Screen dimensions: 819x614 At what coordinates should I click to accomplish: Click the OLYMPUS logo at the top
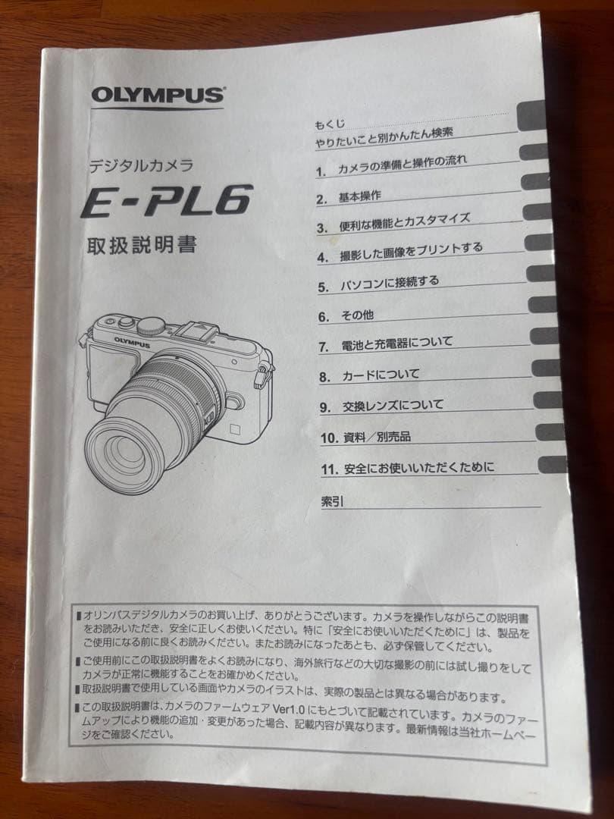[158, 96]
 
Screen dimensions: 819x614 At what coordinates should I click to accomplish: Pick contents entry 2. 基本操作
[349, 197]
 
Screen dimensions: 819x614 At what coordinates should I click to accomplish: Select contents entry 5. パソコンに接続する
[378, 284]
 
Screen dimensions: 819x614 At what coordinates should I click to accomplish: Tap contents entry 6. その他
[346, 315]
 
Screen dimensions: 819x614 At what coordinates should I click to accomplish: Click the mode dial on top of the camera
[152, 325]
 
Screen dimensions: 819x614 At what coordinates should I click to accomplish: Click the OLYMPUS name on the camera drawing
[132, 341]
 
